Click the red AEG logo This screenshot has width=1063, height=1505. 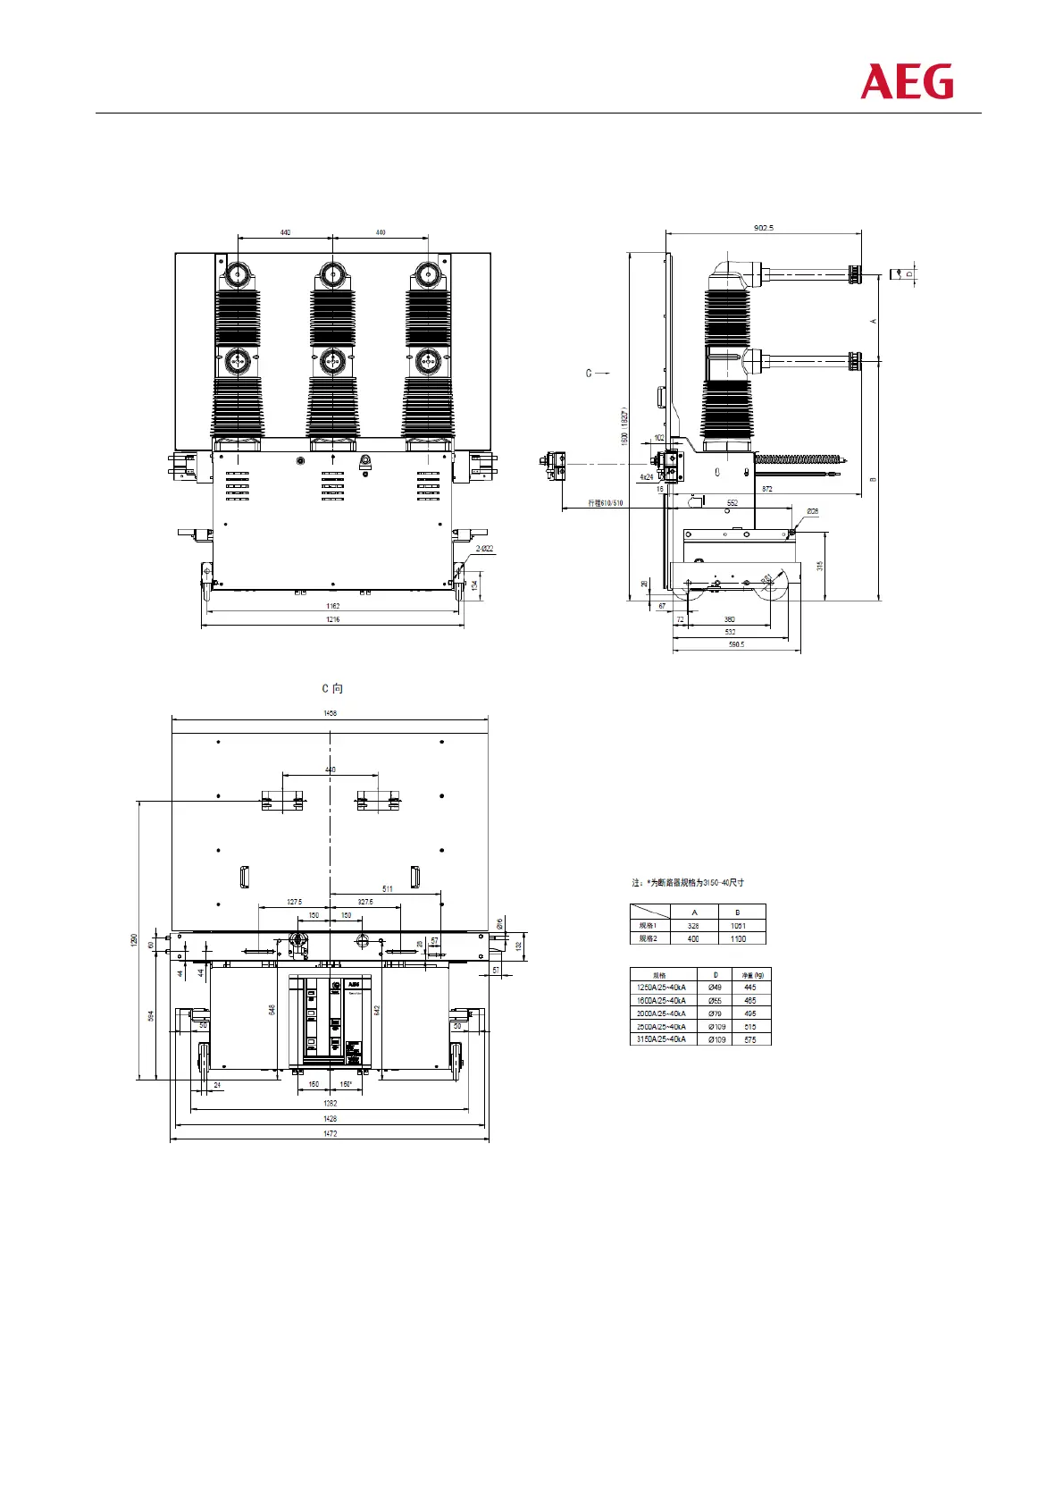tap(907, 82)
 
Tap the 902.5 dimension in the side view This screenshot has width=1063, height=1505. tap(764, 228)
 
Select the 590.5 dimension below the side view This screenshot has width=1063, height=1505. tap(736, 644)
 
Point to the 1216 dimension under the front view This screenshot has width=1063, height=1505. tap(332, 619)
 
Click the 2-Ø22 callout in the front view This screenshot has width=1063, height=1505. tap(484, 549)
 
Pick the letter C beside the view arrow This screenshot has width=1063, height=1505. tap(589, 374)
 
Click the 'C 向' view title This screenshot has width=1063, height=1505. tap(332, 688)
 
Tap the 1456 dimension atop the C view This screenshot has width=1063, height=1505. tap(331, 713)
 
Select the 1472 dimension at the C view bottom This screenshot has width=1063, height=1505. tap(331, 1133)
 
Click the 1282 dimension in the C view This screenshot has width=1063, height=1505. tap(331, 1104)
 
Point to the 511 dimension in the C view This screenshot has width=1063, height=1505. tap(388, 889)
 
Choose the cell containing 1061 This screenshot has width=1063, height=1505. tap(738, 926)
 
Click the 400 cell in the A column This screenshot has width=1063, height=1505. tap(693, 938)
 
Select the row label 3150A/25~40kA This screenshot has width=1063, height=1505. tap(661, 1039)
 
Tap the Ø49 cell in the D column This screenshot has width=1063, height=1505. tap(715, 988)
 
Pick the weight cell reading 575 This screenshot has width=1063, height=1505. tap(750, 1039)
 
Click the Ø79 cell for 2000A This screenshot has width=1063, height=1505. tap(715, 1013)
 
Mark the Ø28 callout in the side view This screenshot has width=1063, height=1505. tap(812, 511)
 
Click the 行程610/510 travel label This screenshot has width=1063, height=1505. tap(606, 503)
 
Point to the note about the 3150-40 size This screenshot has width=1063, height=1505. tap(688, 883)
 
